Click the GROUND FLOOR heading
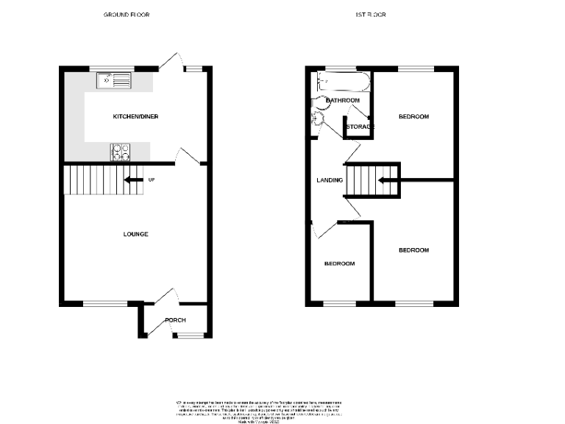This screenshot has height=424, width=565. coord(126,15)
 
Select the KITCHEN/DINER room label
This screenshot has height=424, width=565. coord(135,116)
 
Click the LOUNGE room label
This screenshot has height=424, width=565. coord(135,234)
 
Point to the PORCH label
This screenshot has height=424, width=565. coord(175,320)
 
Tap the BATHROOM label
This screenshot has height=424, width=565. coord(343,100)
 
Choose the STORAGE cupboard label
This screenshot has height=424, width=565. coord(360,127)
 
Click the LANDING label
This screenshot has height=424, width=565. coord(329,179)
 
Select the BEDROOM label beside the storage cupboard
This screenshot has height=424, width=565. coord(413,116)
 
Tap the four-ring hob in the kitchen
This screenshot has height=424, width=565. coord(121,152)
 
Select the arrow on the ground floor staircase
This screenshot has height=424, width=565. coord(132,179)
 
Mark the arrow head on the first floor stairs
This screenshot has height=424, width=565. coord(381,179)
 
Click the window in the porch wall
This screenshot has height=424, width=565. coord(189,336)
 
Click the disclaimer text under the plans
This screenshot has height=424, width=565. coord(258,410)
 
